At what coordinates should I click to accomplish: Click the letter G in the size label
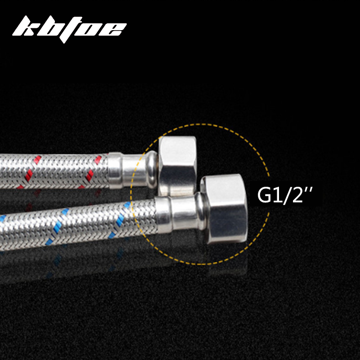click(x=265, y=195)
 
